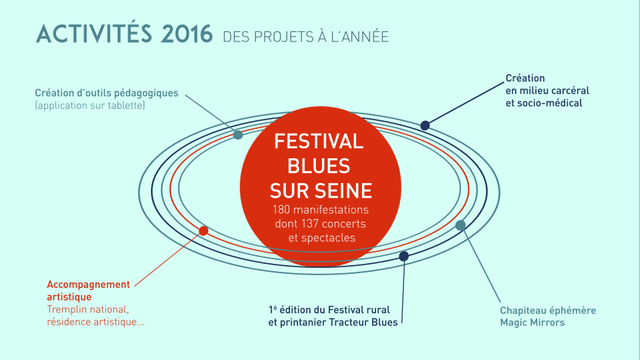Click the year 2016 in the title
click(x=186, y=34)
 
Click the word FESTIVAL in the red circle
click(x=319, y=142)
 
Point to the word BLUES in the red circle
click(x=319, y=166)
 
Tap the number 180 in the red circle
click(x=281, y=210)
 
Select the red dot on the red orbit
click(x=203, y=231)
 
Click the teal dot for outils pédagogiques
click(x=238, y=135)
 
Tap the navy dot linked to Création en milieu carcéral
click(x=425, y=126)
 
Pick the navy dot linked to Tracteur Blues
click(x=404, y=256)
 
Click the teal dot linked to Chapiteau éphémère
click(x=460, y=225)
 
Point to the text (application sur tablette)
click(x=90, y=106)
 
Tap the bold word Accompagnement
click(x=88, y=285)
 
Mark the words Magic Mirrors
click(x=532, y=323)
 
